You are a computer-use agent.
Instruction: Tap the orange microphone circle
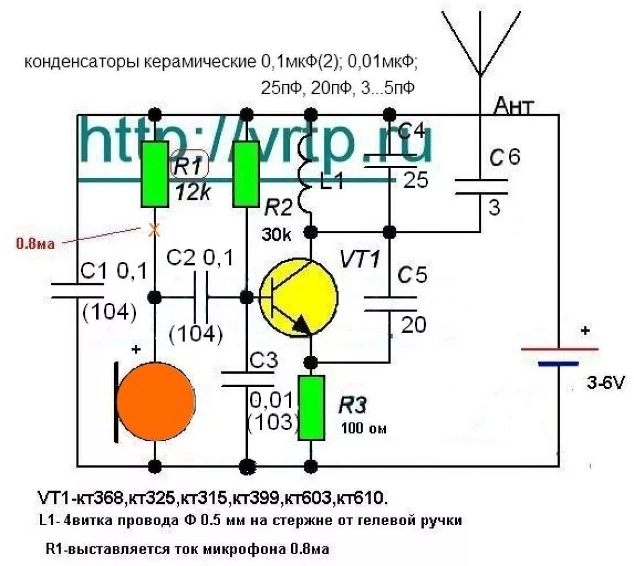pos(156,401)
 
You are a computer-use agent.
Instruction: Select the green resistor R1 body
pos(154,173)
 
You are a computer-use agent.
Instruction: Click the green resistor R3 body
pos(311,408)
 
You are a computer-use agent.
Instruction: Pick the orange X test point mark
pos(153,230)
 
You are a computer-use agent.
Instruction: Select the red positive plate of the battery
pos(559,349)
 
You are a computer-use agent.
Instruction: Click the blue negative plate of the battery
pos(557,364)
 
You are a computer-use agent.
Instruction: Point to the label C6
pos(504,158)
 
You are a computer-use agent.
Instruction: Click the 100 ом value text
pos(363,428)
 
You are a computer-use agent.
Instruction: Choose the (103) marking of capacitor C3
pos(273,422)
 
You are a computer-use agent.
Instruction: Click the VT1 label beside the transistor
pos(360,259)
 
